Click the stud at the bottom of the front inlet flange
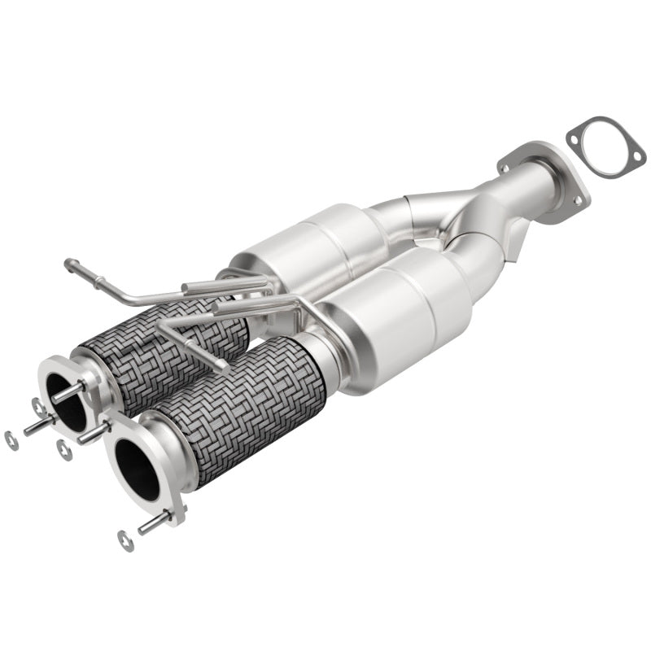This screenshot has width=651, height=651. click(155, 522)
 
